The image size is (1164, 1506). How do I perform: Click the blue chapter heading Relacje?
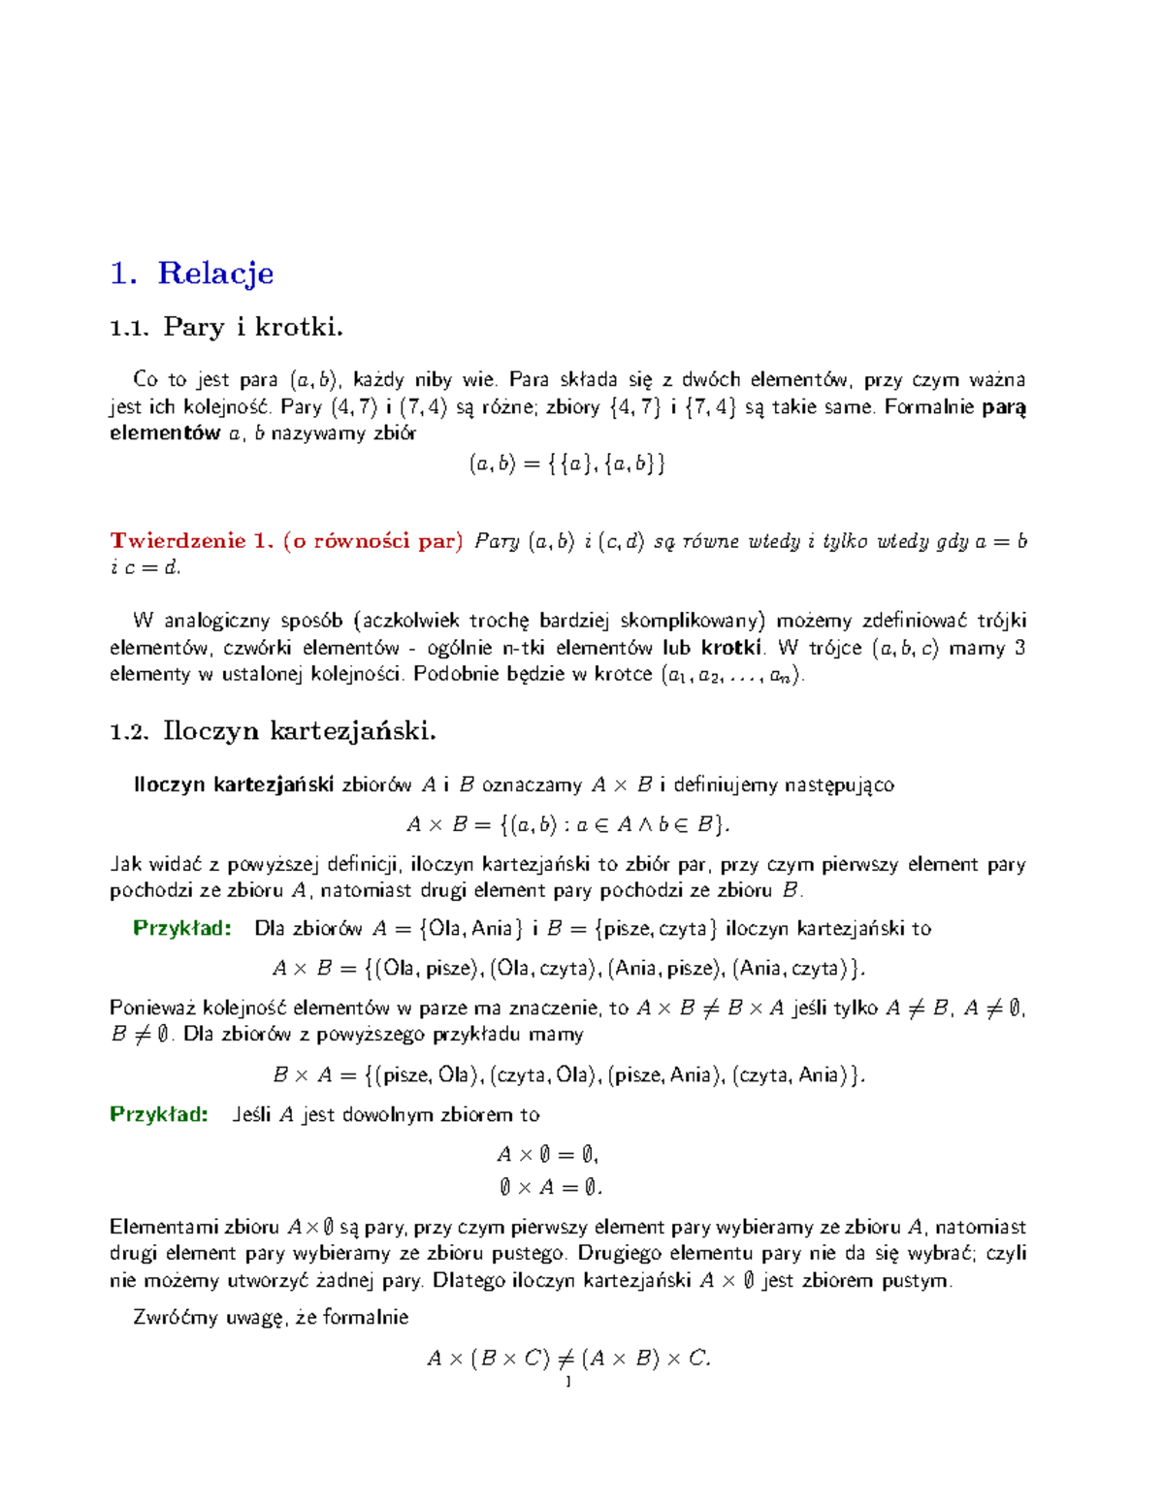pos(214,273)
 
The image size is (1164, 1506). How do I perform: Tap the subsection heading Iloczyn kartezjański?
pos(299,730)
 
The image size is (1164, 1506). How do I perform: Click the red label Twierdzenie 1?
pos(192,541)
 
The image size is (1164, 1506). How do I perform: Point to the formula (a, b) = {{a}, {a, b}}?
pos(567,464)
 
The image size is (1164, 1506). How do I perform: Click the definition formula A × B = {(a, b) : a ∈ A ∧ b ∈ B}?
pos(567,824)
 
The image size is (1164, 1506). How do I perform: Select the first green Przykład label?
pos(182,928)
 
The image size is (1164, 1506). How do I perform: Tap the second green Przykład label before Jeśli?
pos(159,1114)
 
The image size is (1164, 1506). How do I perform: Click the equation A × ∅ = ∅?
pos(548,1154)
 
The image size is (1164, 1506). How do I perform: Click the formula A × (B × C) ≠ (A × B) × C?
pos(569,1358)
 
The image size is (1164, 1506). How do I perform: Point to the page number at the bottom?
pos(568,1381)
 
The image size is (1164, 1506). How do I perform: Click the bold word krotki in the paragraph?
pos(731,647)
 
